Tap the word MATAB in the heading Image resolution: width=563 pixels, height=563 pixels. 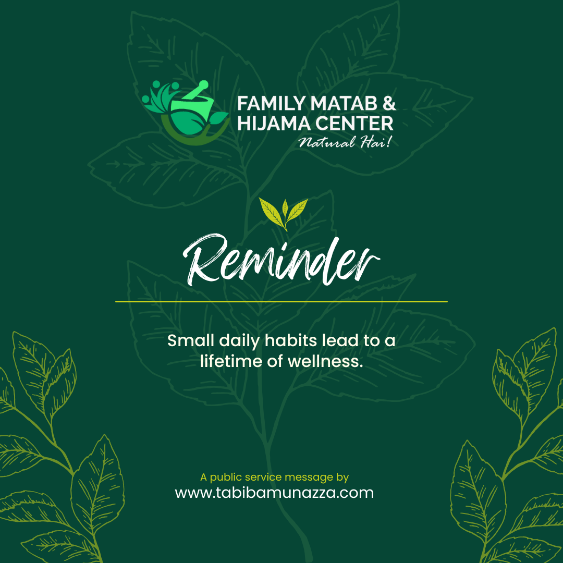point(344,103)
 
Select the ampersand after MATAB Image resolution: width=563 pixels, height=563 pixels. point(389,103)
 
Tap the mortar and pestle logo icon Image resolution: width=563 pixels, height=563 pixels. point(185,113)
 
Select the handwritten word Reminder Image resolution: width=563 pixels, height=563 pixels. point(281,260)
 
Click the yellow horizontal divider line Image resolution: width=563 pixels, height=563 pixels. point(281,302)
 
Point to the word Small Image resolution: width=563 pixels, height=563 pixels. point(191,340)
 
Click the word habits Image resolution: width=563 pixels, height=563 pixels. point(291,340)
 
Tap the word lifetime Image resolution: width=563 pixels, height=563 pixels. point(231,361)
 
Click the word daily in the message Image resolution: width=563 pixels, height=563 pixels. point(239,341)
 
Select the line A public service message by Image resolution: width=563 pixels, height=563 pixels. point(274,477)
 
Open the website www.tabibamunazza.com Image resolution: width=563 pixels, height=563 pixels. point(274,493)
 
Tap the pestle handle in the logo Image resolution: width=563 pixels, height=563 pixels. point(196,89)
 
